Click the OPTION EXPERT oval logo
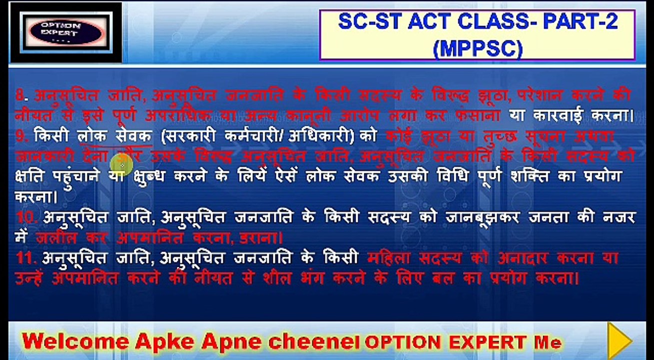pos(66,31)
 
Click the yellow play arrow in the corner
pos(620,340)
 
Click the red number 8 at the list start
pos(19,95)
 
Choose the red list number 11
pos(24,258)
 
